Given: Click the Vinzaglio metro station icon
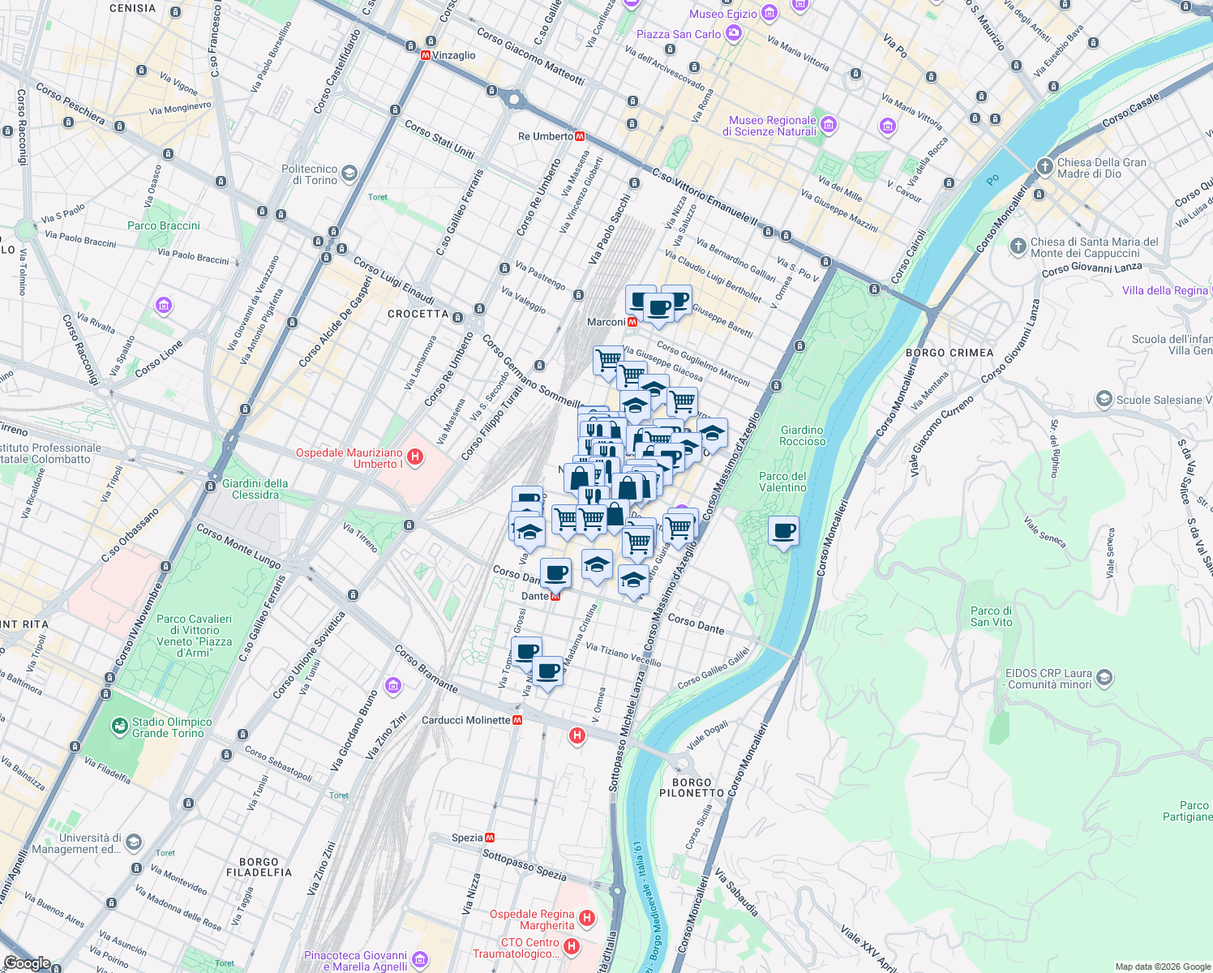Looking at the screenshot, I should click(426, 55).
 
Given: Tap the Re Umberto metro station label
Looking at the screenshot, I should click(545, 136).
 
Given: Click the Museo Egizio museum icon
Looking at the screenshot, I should click(769, 13).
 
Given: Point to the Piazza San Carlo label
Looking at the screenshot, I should click(678, 34).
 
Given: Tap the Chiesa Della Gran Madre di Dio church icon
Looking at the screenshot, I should click(1044, 167).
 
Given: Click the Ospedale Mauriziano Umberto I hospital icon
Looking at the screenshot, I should click(415, 457).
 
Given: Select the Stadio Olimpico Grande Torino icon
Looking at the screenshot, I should click(119, 724).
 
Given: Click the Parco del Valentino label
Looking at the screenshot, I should click(782, 482).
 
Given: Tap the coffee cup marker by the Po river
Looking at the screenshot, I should click(783, 531).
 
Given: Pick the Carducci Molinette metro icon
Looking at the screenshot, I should click(517, 720).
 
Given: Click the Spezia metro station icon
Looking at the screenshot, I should click(490, 838).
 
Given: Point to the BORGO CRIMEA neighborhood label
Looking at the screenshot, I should click(949, 353).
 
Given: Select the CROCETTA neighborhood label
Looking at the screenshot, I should click(418, 314).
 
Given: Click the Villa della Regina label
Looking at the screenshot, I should click(1164, 290).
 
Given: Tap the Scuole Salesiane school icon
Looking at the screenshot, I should click(1104, 399).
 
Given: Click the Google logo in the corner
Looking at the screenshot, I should click(27, 962).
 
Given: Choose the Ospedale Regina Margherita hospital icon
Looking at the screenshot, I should click(587, 919).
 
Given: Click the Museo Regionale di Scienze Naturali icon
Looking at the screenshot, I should click(828, 125).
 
